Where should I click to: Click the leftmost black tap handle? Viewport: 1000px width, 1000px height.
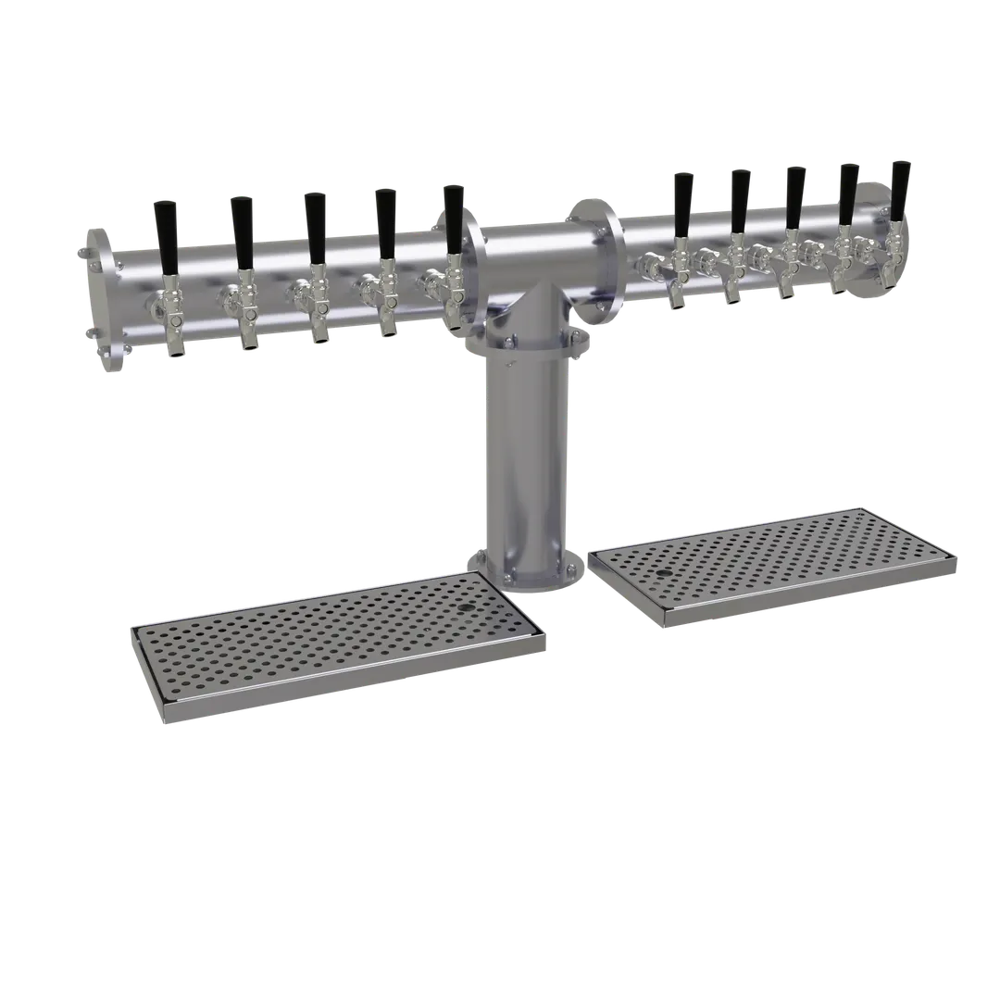tap(168, 235)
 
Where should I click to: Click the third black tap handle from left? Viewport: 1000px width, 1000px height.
tap(315, 228)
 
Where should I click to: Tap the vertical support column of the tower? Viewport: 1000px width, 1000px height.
tap(523, 463)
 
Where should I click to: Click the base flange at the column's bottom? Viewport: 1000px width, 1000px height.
tap(523, 574)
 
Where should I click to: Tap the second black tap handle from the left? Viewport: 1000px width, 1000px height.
tap(243, 231)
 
